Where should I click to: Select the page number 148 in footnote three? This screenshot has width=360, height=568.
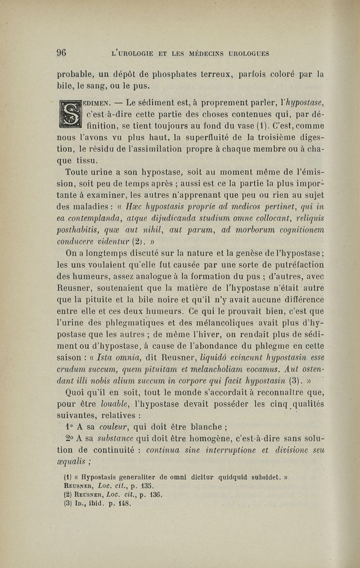pos(123,505)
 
